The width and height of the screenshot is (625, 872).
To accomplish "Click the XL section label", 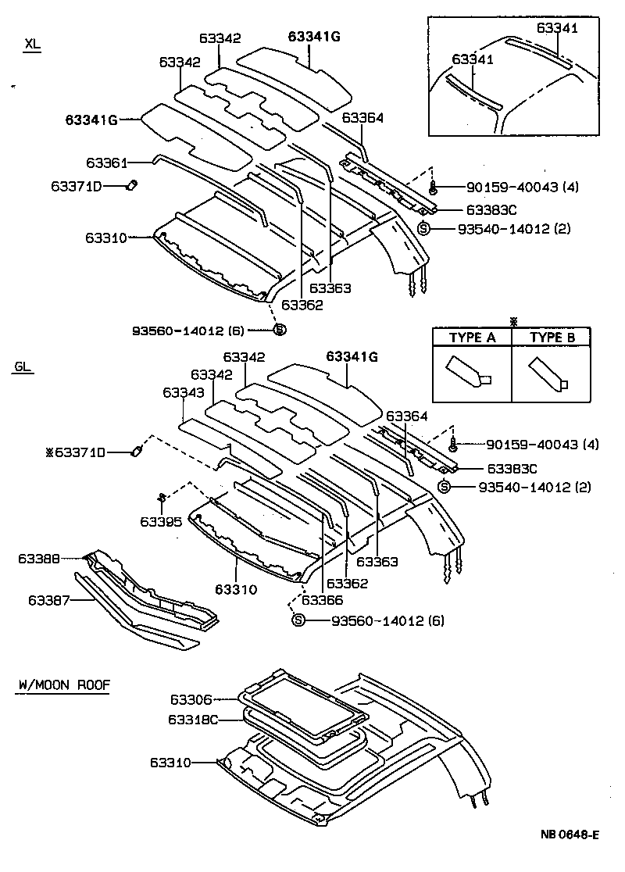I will (31, 45).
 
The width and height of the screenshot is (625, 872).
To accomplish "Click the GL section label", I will (23, 366).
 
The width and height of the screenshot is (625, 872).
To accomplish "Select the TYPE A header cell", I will (473, 338).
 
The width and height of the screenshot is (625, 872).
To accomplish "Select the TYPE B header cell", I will (552, 338).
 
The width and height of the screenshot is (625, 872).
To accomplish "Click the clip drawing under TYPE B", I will (550, 373).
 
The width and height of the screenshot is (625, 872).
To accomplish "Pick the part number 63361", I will (106, 163).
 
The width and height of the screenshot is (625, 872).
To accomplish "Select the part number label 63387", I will (49, 600).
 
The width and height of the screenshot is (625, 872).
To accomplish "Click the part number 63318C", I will (191, 719).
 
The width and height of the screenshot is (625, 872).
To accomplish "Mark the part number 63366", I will (322, 599).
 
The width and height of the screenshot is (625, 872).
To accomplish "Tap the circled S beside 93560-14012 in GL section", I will (298, 620).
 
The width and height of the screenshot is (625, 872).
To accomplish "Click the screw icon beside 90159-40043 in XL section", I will (433, 188).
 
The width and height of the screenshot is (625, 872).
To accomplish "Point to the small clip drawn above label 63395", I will (161, 496).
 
